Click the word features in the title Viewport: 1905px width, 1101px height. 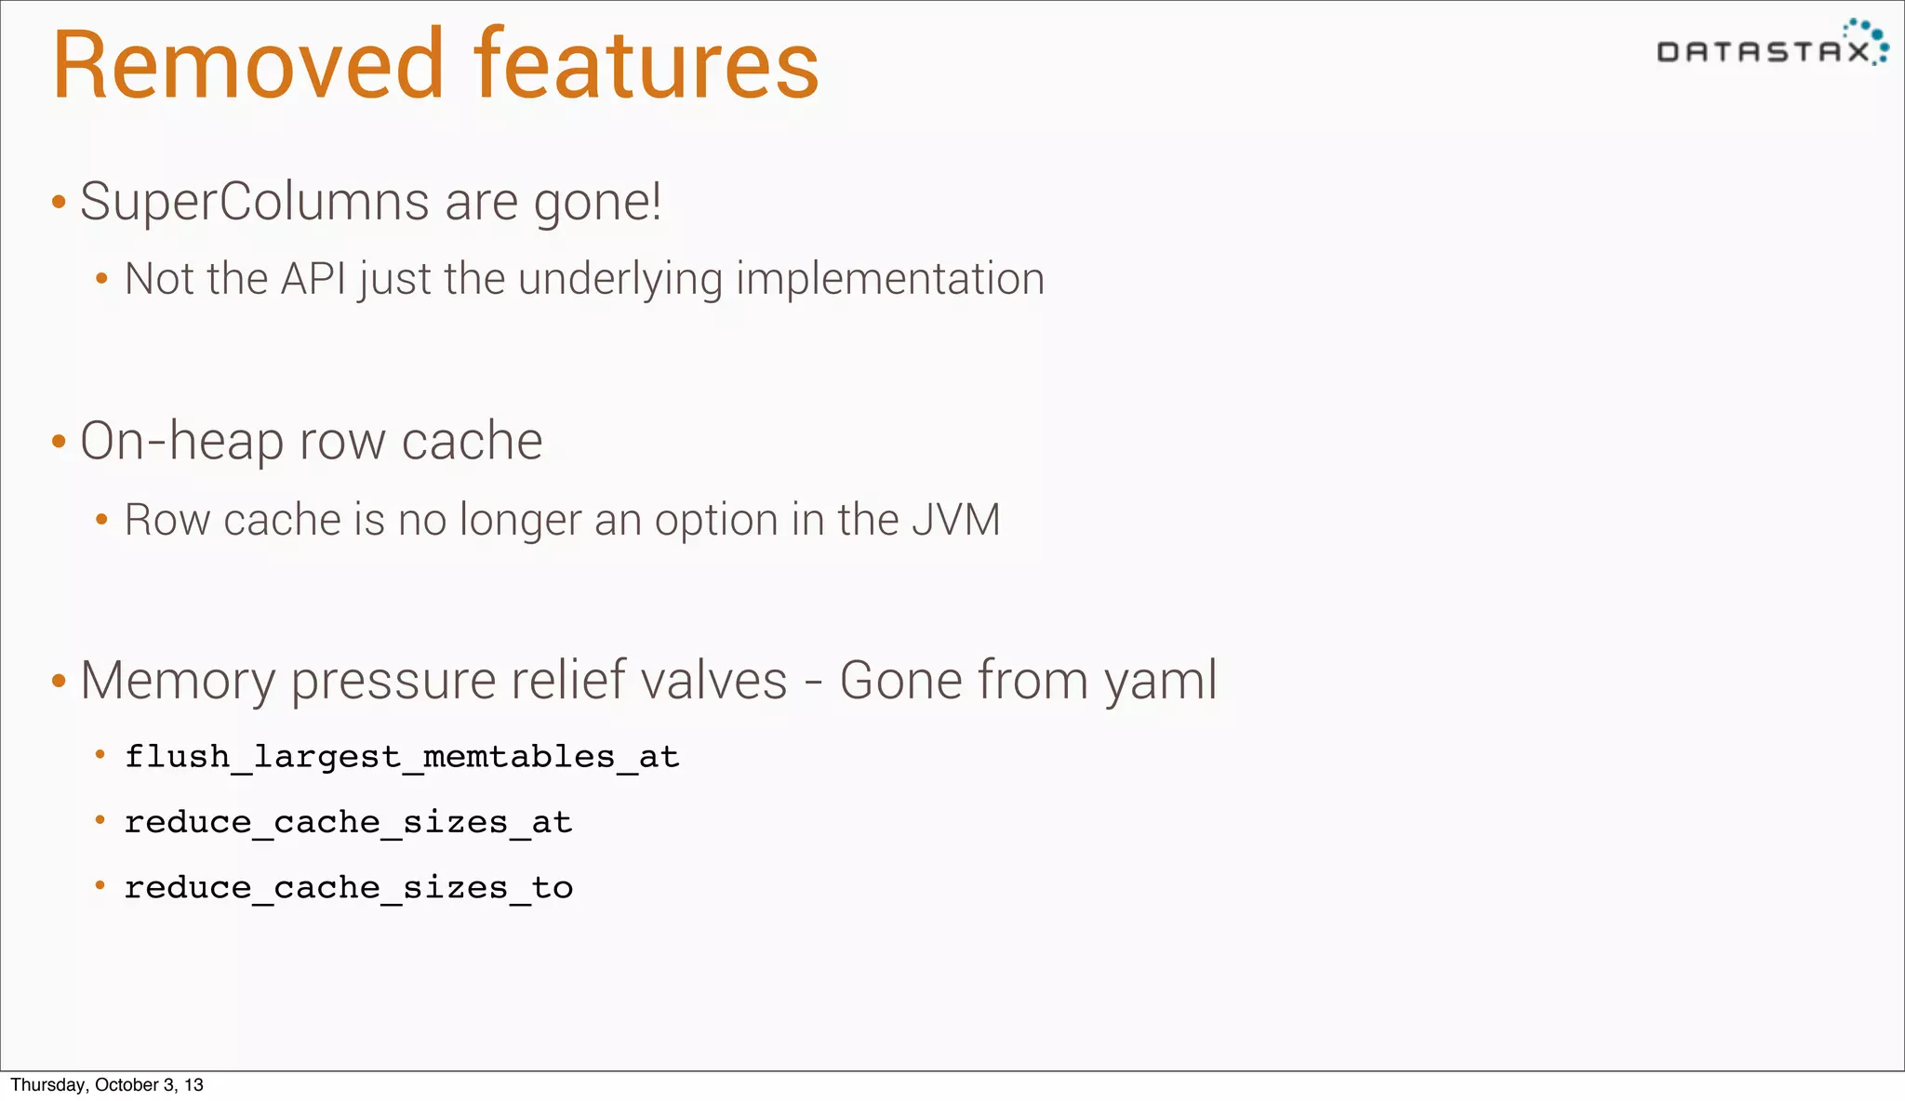point(646,65)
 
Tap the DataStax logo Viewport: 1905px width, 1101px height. point(1771,46)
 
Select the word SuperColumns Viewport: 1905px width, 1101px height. point(254,202)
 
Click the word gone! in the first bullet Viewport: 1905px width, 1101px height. point(597,204)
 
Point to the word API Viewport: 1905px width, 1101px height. point(313,279)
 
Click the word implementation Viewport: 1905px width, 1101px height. point(890,280)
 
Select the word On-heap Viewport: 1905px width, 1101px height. point(181,441)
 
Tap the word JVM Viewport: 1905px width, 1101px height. point(955,519)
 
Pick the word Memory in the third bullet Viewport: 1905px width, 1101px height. point(178,681)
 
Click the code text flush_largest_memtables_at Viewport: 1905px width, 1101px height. point(402,757)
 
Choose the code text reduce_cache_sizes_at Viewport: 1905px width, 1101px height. point(348,822)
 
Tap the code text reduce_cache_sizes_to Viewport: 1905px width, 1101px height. point(348,888)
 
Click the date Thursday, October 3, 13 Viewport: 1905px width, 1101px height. point(106,1084)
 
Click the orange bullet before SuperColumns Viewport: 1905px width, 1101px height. point(59,203)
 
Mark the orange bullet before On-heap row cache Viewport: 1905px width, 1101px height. point(59,442)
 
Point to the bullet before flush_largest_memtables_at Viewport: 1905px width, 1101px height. point(100,755)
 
